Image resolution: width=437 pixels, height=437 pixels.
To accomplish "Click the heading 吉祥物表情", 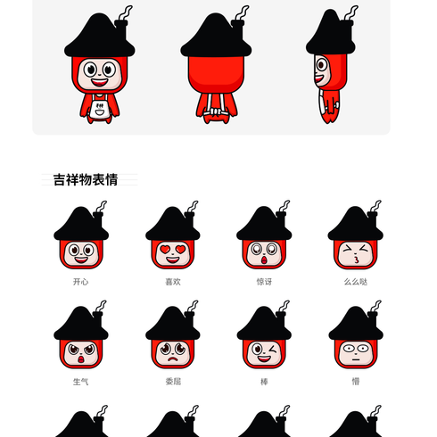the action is (x=86, y=180).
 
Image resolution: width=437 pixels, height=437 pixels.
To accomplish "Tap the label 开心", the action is (x=81, y=282).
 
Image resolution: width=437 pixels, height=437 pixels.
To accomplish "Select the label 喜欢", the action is (x=173, y=282).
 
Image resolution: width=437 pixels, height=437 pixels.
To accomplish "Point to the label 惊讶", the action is (x=264, y=282).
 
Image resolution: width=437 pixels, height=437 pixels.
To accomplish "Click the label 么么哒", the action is (x=356, y=282).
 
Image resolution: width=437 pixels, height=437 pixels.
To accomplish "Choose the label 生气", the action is (x=81, y=382).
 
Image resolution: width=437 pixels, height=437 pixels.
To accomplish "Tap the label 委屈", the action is (x=173, y=382).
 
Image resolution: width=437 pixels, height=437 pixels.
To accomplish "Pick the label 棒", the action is (x=264, y=382).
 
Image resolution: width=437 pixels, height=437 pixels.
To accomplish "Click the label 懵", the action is (x=356, y=382).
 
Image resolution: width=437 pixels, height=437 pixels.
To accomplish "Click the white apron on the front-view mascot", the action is (x=100, y=109).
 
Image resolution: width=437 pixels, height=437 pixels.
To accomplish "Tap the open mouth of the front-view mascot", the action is (x=99, y=82).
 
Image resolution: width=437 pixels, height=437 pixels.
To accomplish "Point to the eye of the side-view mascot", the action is (x=322, y=65).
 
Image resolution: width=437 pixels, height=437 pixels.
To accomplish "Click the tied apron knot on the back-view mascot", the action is (x=216, y=112).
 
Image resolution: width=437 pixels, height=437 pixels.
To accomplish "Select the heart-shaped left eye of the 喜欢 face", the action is (x=165, y=250).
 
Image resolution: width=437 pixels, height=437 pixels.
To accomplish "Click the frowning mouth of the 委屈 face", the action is (x=172, y=359).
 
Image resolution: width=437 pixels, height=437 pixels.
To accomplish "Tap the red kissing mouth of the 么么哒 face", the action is (x=356, y=260).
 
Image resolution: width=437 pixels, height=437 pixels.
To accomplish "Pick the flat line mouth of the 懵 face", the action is (x=356, y=359).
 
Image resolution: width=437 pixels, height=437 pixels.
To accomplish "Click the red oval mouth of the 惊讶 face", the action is (x=264, y=260).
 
